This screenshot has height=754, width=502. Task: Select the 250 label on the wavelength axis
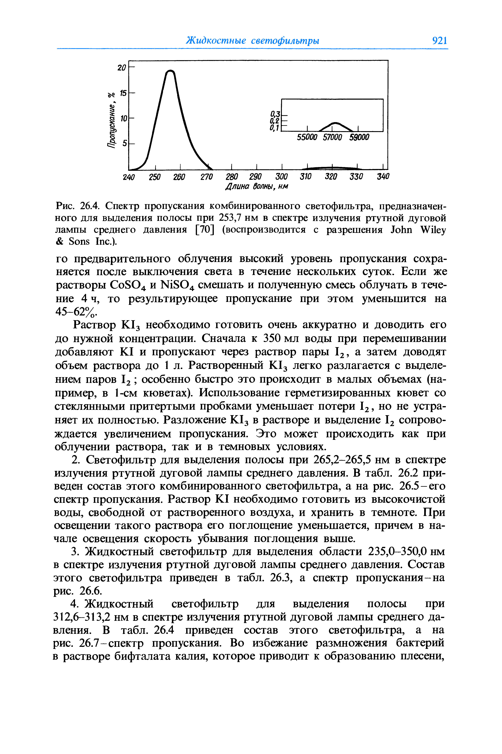[x=155, y=177]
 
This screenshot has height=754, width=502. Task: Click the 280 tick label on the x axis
[x=232, y=177]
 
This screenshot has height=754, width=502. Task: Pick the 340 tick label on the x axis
[x=383, y=177]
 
